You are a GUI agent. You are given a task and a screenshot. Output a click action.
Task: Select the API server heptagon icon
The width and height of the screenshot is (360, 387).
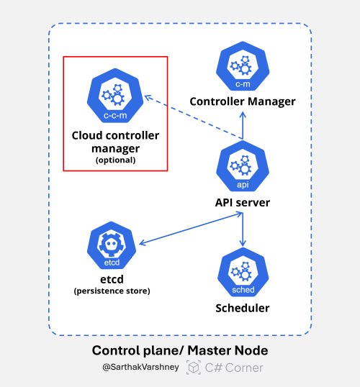(242, 168)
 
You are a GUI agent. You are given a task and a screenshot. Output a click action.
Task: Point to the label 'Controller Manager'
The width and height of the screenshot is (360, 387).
(242, 101)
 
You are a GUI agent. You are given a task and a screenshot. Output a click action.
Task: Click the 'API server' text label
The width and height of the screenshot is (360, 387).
(242, 202)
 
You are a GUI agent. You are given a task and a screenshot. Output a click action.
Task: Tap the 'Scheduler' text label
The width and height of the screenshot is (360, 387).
(242, 309)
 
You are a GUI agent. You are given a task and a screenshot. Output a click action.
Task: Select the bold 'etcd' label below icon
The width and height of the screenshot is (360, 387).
(111, 279)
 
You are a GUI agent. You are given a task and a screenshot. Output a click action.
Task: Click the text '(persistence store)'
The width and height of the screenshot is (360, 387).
(111, 291)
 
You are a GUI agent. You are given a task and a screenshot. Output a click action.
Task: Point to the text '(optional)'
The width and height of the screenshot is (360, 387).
(115, 161)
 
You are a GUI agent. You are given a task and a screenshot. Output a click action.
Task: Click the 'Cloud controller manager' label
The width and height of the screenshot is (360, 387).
(115, 142)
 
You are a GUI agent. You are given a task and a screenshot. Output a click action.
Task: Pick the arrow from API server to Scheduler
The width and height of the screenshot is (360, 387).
(242, 230)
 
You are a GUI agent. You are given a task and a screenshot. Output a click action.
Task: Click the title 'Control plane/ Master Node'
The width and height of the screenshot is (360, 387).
(180, 351)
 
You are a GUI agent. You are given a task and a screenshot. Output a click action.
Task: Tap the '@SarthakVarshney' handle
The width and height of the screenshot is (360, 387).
(142, 368)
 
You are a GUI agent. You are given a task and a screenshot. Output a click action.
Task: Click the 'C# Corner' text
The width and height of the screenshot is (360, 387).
(235, 368)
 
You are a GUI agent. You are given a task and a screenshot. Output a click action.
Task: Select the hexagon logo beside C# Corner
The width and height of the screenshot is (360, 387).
(194, 368)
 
